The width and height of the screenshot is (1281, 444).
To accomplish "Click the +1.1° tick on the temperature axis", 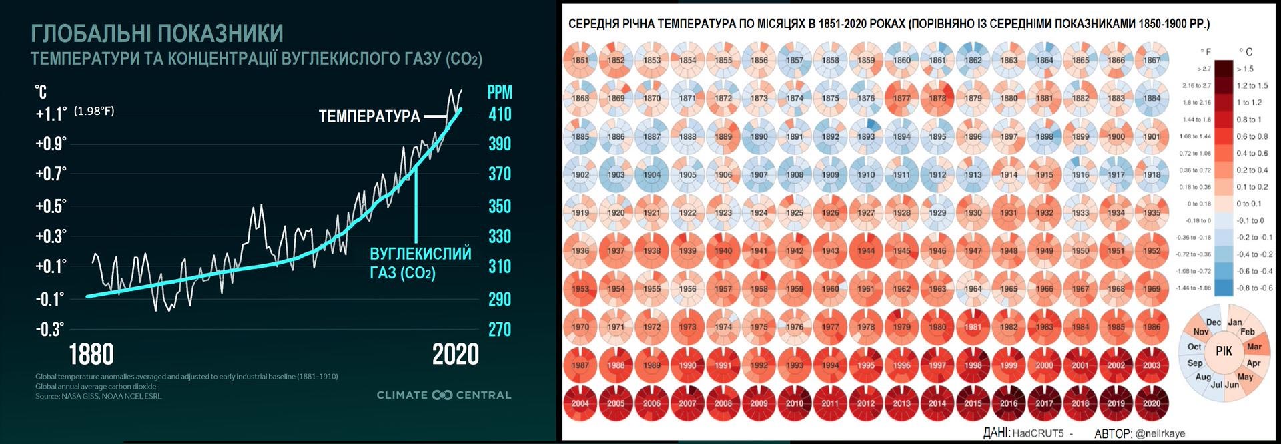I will pos(51,114).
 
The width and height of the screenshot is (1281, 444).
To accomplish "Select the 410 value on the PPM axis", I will pos(500,114).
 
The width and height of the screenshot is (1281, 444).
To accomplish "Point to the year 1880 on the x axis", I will pos(91,355).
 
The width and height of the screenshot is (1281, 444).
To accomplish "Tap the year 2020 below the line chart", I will pos(456,355).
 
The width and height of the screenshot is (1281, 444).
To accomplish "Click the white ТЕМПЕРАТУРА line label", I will pos(369,117).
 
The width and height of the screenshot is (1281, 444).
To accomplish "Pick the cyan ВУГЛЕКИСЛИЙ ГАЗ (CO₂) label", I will pos(420,263).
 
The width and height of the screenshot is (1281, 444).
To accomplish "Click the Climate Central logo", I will pos(444,395).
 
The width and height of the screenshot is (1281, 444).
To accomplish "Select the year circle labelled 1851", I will pos(580,60).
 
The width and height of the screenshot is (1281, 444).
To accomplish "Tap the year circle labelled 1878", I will pos(937,98).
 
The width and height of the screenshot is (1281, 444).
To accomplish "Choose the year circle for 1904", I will pos(652,175).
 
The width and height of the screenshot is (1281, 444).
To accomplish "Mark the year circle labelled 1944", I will pos(866,251).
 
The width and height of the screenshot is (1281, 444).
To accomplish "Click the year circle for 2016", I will pos(1009,403).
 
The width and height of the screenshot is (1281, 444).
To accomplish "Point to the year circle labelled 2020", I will pos(1152,403).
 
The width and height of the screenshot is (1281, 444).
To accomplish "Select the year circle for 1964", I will pos(973,289).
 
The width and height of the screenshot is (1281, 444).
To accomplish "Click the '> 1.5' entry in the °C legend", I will pos(1245,69).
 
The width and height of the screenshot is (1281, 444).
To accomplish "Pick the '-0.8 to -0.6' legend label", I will pos(1254,288).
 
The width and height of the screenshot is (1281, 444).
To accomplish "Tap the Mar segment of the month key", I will pos(1254,347).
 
